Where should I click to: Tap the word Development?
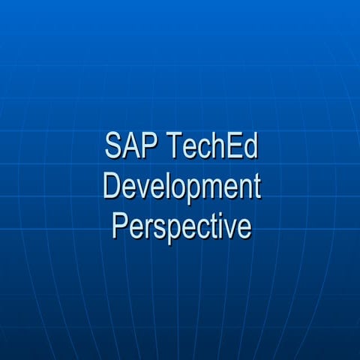click(x=181, y=186)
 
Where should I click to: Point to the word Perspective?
click(x=181, y=225)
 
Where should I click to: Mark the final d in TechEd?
click(x=250, y=147)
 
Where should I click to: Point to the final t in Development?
click(x=256, y=187)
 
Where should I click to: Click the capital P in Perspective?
click(x=120, y=225)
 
